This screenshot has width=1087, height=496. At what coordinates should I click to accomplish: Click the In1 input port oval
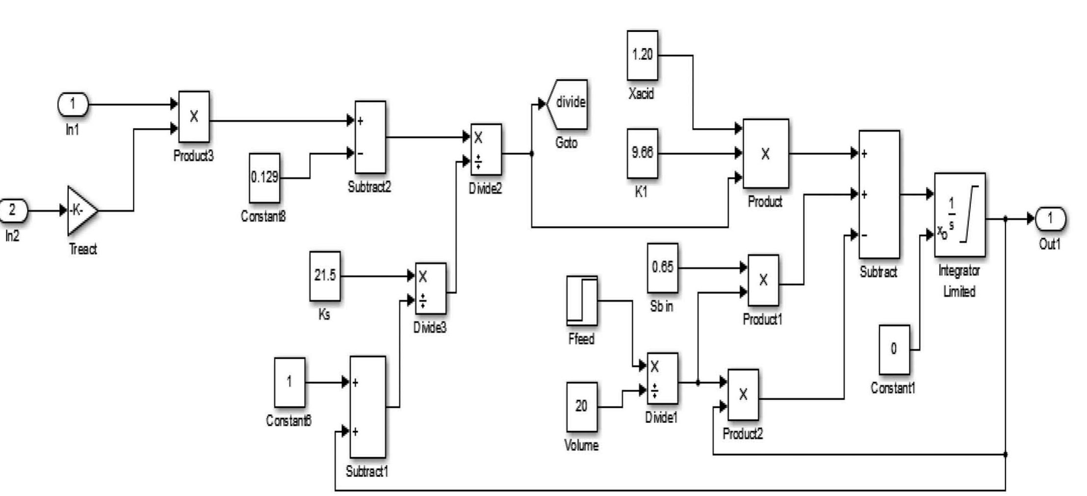click(73, 104)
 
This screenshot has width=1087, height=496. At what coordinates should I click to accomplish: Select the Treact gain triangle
click(80, 210)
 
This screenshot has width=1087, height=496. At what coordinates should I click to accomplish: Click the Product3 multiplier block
click(194, 117)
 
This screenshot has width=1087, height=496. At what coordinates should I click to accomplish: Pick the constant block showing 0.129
click(264, 178)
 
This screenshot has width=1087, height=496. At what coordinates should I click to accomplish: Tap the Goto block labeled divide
click(568, 104)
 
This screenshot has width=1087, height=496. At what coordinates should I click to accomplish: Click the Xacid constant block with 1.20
click(642, 55)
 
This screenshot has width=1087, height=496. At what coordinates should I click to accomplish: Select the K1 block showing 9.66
click(642, 153)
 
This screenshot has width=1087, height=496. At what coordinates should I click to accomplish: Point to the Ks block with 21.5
click(325, 276)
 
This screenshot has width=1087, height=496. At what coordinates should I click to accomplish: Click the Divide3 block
click(430, 288)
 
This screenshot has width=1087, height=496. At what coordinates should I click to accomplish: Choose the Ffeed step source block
click(582, 300)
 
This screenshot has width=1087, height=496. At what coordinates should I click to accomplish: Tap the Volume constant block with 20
click(582, 406)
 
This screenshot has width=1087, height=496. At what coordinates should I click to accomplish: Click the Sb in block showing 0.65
click(662, 267)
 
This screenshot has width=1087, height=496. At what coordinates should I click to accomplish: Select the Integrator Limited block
click(959, 214)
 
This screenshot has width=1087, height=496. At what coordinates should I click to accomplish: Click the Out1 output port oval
click(1050, 218)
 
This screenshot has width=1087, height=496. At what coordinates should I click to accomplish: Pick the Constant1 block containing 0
click(894, 349)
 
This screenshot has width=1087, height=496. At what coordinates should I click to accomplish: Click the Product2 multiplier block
click(743, 394)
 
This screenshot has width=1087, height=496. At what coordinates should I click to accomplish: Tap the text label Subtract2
click(369, 187)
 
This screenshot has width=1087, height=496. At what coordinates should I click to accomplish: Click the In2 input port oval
click(13, 210)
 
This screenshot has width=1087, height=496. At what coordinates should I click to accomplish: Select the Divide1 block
click(662, 378)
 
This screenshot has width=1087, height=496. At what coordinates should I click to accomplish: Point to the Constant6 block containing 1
click(289, 382)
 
